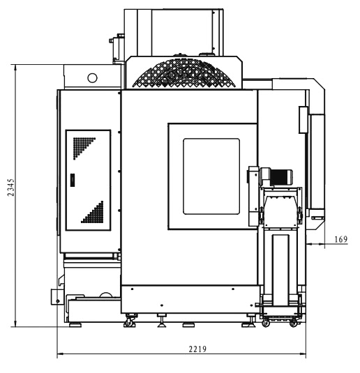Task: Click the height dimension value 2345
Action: (11, 188)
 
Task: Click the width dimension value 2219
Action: (197, 349)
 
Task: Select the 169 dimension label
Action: (341, 239)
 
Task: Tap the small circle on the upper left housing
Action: (92, 78)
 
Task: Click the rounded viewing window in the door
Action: (211, 176)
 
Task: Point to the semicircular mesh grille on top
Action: (184, 73)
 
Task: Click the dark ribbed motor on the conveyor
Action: (281, 177)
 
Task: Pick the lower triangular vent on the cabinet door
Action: (94, 213)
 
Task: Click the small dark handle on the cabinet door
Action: (73, 180)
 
